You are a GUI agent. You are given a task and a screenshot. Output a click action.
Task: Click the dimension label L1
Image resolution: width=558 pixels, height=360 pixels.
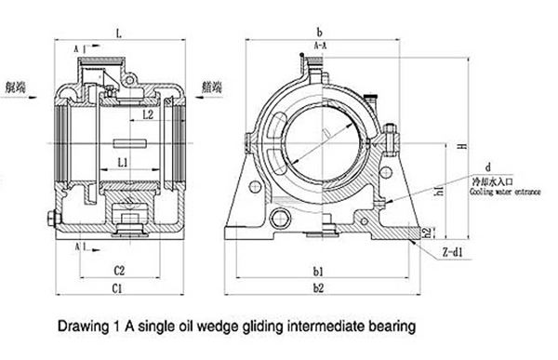tap(123, 162)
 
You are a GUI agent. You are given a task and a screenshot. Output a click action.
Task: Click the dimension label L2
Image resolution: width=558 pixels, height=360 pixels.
tap(148, 114)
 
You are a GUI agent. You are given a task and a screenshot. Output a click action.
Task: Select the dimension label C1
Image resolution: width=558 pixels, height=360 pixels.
tap(118, 290)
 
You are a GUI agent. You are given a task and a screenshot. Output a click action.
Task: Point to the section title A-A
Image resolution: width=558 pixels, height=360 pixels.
tap(319, 44)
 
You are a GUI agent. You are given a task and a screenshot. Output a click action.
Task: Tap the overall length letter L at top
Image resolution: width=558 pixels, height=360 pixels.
tap(119, 33)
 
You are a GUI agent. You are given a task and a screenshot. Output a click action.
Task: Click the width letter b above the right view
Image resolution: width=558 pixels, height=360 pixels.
tap(319, 32)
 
